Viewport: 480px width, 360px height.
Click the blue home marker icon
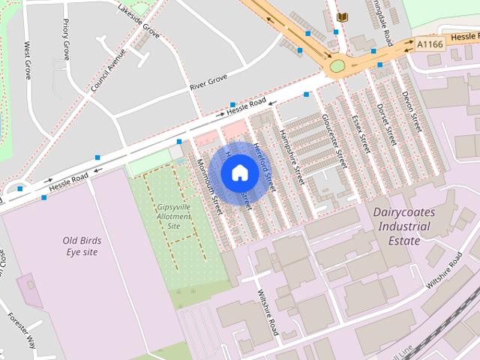[x=239, y=172]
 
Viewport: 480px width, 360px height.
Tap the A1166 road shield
[x=430, y=44]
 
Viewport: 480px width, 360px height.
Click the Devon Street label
[x=411, y=109]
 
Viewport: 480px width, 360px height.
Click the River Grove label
[x=208, y=82]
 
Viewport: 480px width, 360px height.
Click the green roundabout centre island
[x=337, y=66]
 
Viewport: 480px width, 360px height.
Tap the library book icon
[x=343, y=16]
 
